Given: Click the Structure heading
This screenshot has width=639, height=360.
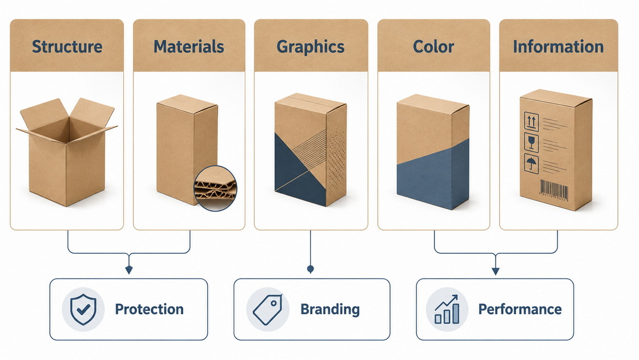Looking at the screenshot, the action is coord(67,46).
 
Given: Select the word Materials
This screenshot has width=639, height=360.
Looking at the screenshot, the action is coord(188,46).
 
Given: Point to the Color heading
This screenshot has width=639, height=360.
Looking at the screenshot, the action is coord(433,46).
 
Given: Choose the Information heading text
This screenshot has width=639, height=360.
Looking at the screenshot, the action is coord(558,46).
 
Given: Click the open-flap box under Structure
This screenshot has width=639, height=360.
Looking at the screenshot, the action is coord(67,151).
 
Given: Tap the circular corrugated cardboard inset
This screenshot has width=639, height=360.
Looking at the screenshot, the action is coord(215,188).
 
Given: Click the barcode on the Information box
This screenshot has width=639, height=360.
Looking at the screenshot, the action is coord(554,190).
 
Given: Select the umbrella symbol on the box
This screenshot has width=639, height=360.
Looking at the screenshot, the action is coord(532,164).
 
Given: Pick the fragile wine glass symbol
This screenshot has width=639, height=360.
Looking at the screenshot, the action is coord(531,143).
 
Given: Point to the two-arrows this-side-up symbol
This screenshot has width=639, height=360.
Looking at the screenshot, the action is coord(532,122).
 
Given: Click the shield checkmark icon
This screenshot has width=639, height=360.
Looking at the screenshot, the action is coord(83,310).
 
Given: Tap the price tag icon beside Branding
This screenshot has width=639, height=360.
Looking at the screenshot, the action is coord(267,310).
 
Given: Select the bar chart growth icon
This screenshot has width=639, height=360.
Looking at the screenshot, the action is coord(447,310).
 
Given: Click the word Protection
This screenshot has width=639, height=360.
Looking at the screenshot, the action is coord(149,309).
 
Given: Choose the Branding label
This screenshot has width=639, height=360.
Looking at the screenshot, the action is coord(330,310).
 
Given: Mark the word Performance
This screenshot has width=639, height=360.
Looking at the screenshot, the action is coord(520,309).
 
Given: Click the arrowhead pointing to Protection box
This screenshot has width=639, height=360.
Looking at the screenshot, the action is coord(129,270).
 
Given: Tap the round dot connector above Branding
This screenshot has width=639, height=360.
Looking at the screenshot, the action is coord(311,269).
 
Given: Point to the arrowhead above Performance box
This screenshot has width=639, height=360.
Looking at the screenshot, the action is coord(496,271).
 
